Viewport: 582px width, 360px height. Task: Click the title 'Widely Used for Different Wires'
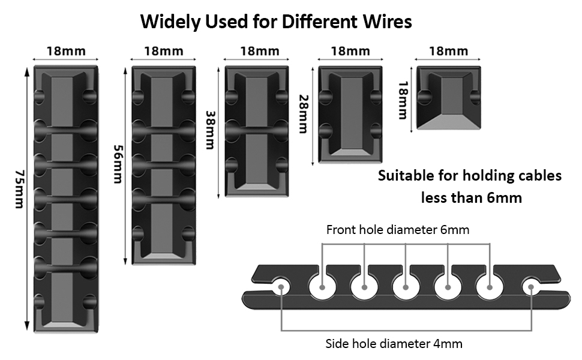point(276,22)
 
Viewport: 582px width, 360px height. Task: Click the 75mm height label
point(18,189)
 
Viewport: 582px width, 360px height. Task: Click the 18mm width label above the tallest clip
point(66,51)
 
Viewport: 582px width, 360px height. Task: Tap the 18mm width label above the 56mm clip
point(163,51)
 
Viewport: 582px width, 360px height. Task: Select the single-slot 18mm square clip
point(449,98)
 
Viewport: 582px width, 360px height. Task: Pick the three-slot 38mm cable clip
point(257,131)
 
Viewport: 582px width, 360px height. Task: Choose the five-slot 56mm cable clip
point(163,165)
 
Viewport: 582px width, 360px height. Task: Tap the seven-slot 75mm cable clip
point(66,198)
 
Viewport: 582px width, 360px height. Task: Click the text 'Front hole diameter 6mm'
point(398,230)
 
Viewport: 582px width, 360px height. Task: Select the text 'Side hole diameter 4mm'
point(394,344)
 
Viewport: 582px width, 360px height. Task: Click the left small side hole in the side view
point(280,287)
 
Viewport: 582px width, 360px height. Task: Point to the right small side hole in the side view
point(531,287)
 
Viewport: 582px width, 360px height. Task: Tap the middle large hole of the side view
point(406,287)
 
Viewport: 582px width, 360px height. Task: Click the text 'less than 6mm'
point(471,197)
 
